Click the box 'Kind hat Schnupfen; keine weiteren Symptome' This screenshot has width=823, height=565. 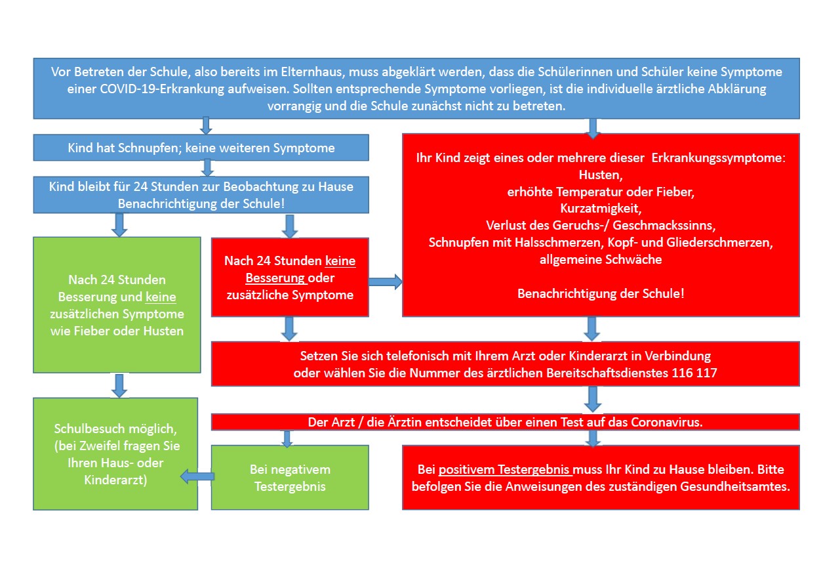pyautogui.click(x=201, y=148)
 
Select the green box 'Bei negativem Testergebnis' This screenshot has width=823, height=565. pyautogui.click(x=290, y=478)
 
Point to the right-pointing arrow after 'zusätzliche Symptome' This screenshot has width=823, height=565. pyautogui.click(x=386, y=282)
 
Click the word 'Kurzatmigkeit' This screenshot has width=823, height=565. pyautogui.click(x=600, y=208)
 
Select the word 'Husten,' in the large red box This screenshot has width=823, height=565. pyautogui.click(x=600, y=175)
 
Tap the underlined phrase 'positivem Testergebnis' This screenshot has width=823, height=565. pyautogui.click(x=506, y=470)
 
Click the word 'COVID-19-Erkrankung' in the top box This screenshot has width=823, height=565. pyautogui.click(x=130, y=89)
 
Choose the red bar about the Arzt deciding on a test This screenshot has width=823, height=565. pyautogui.click(x=505, y=422)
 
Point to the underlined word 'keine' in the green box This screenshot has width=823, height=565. pyautogui.click(x=161, y=297)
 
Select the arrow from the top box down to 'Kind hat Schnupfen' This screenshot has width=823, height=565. pyautogui.click(x=205, y=125)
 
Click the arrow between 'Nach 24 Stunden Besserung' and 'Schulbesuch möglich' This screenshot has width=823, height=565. pyautogui.click(x=119, y=385)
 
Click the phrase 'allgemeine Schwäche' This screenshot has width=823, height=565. pyautogui.click(x=600, y=259)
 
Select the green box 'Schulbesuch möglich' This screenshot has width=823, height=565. pyautogui.click(x=115, y=453)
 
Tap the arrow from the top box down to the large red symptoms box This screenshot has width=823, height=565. pyautogui.click(x=593, y=127)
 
